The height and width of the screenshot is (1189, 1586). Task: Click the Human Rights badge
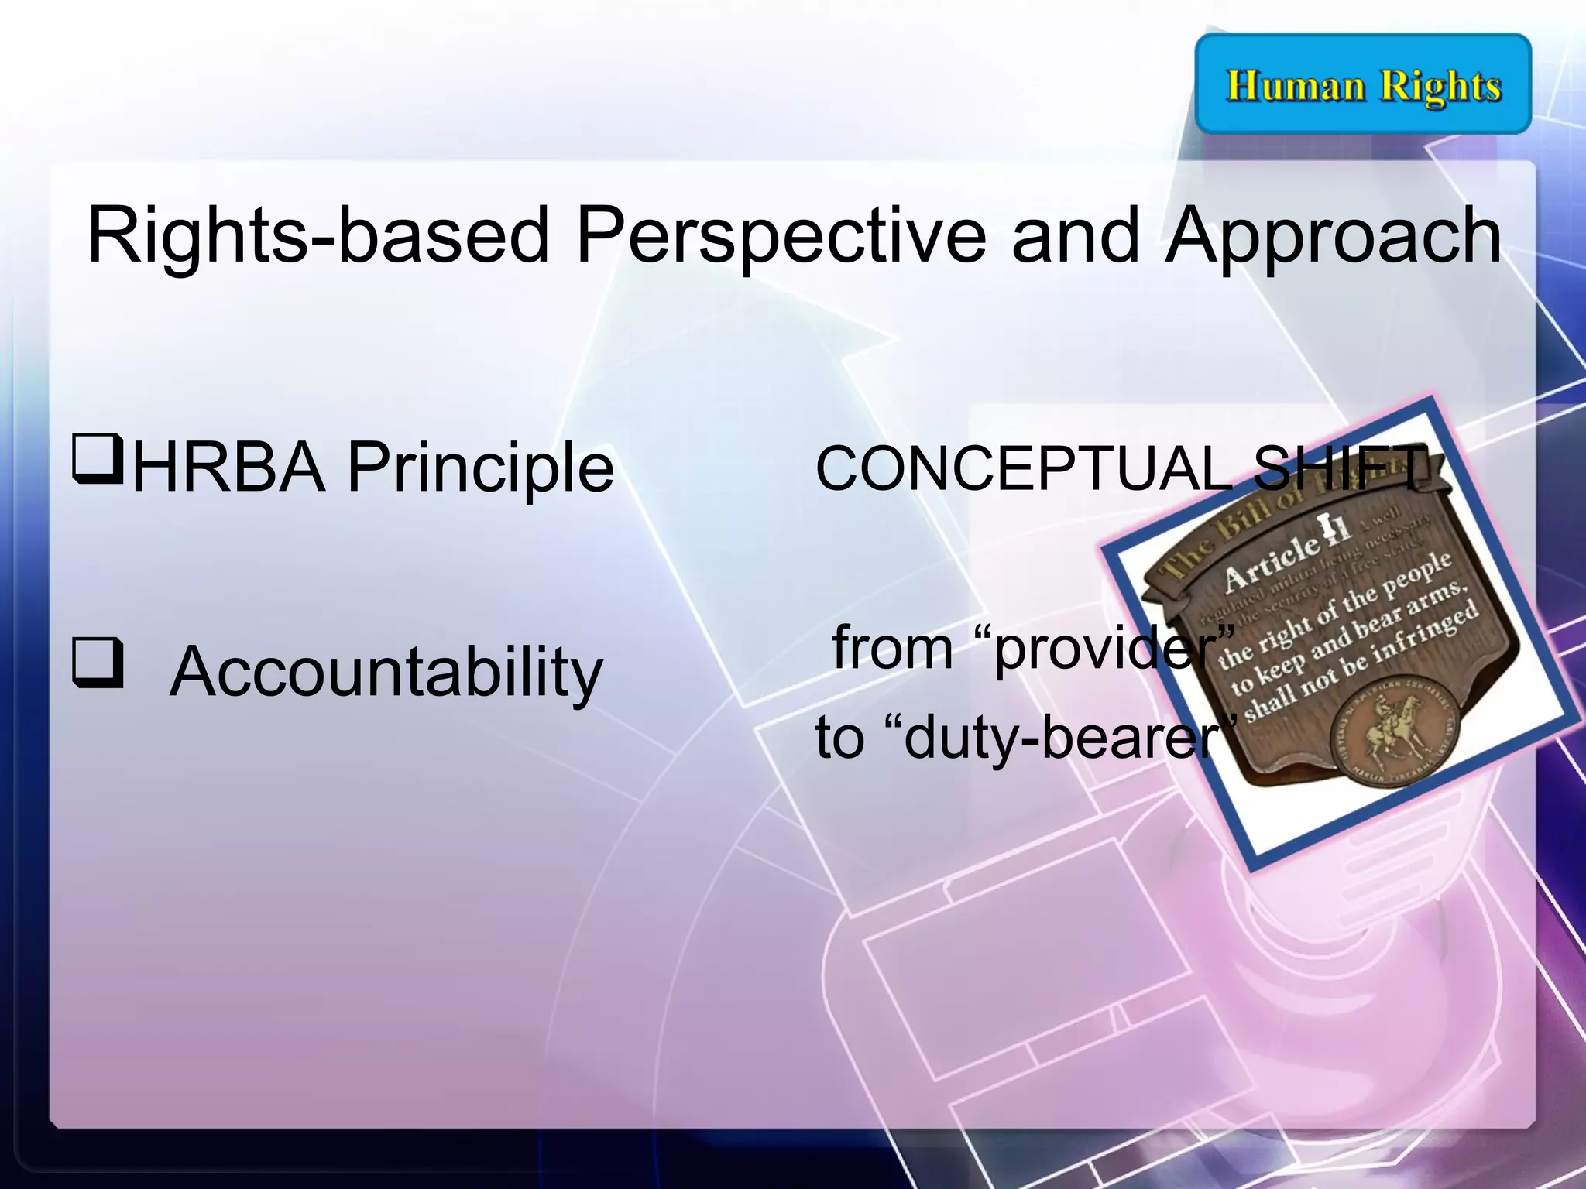pos(1363,84)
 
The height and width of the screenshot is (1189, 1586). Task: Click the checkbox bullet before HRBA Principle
pos(98,458)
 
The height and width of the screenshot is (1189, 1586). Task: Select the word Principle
pos(480,468)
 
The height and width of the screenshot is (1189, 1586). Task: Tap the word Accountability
pos(386,672)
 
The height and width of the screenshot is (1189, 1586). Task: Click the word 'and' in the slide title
pos(1076,236)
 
